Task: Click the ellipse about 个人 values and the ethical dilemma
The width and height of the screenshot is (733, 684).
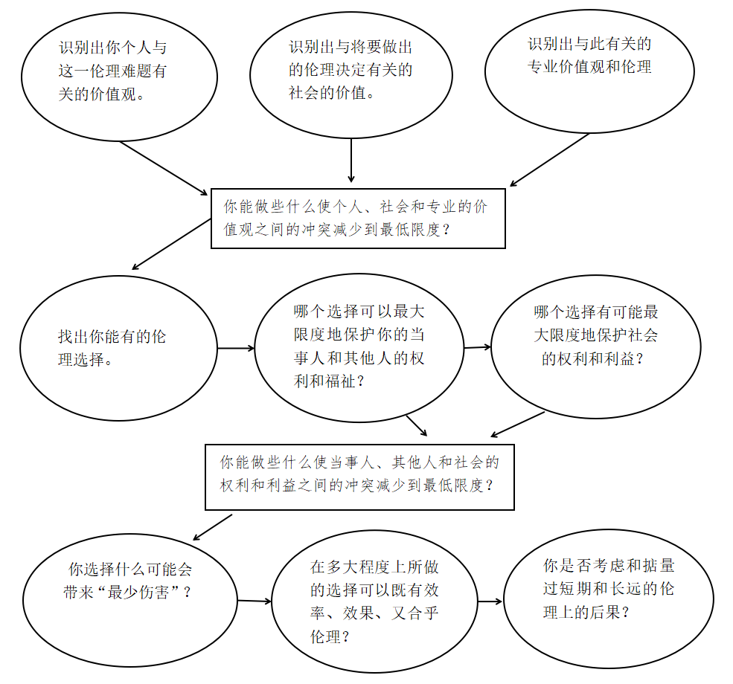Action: point(119,74)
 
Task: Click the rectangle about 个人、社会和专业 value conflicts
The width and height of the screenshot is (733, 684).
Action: point(357,217)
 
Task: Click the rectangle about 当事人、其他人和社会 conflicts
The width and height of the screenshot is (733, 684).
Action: point(359,477)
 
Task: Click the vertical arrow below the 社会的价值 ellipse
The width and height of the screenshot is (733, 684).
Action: point(351,159)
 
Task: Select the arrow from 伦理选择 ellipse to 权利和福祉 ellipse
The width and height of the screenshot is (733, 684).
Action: point(235,347)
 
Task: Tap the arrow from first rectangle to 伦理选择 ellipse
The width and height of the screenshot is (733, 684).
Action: point(170,245)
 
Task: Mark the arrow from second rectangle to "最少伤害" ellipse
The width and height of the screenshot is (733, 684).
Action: point(212,527)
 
